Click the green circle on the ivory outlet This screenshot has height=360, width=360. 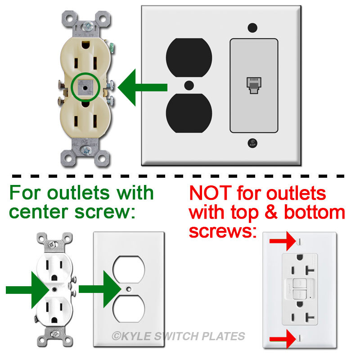[85, 84]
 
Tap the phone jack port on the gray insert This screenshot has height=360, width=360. [252, 85]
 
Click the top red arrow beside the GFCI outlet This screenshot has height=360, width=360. [282, 242]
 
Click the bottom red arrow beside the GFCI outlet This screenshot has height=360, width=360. [282, 338]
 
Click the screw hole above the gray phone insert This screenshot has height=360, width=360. [252, 27]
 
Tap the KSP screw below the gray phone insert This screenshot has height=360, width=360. [252, 144]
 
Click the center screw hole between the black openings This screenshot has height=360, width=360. [189, 85]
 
